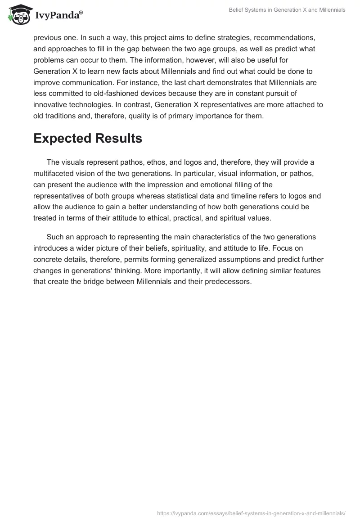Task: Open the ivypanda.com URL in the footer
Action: (x=251, y=513)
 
